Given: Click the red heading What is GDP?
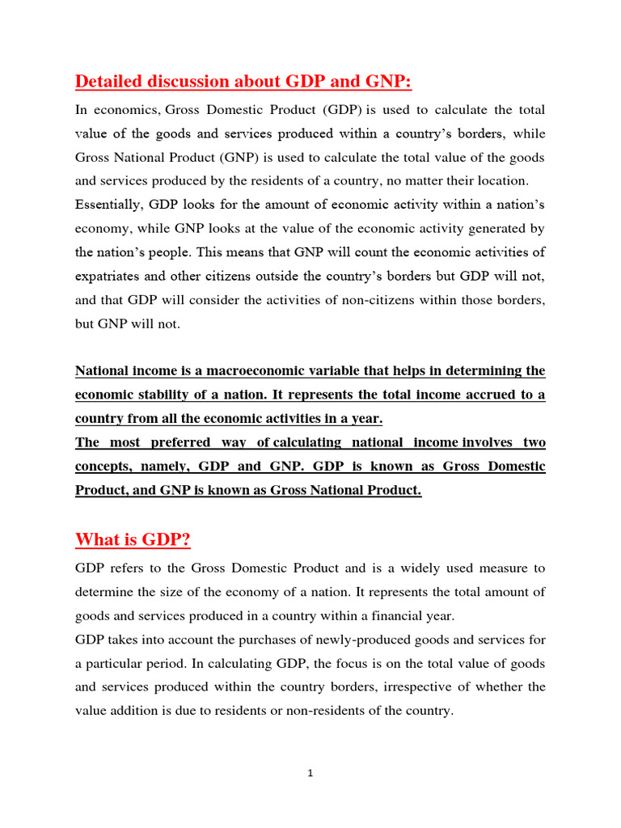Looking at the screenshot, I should point(133,539).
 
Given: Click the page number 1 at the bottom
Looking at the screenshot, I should point(310,774).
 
